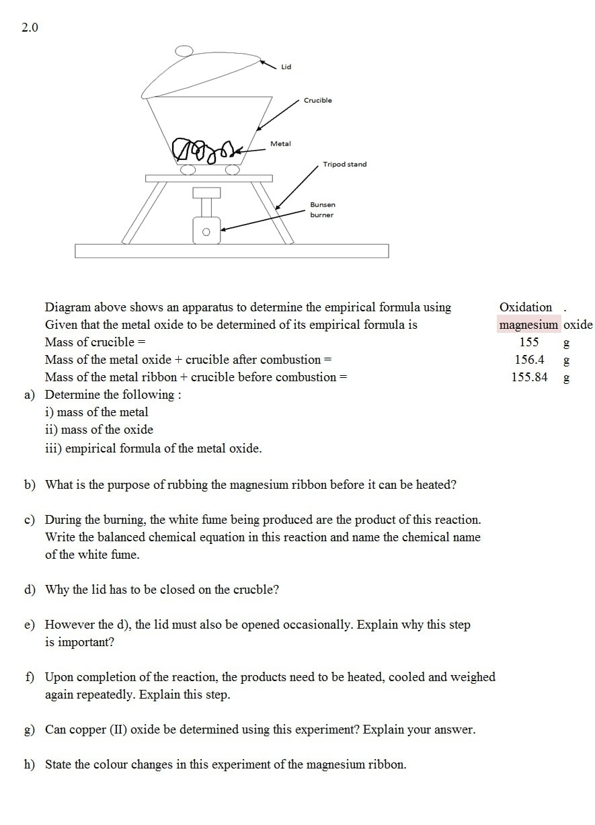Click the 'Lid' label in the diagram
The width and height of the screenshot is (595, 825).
(x=286, y=67)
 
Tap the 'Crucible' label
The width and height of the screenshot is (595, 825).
(x=317, y=100)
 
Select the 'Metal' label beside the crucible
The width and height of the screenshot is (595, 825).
(x=280, y=144)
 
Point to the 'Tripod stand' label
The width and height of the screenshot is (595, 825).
(x=344, y=164)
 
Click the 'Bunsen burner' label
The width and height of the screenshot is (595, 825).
(x=322, y=209)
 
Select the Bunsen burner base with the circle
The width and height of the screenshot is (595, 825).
(x=206, y=231)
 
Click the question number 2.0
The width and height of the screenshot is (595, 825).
(x=30, y=28)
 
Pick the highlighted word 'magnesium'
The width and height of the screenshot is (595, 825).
(x=528, y=325)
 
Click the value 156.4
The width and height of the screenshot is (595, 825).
(x=529, y=360)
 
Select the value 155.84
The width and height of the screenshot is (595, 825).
(x=529, y=377)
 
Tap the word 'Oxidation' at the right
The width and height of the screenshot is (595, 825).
(x=525, y=307)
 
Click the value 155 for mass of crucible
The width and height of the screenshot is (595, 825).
(x=529, y=342)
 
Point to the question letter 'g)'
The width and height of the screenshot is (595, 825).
(x=30, y=730)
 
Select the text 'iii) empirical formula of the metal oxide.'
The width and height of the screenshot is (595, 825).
(x=153, y=448)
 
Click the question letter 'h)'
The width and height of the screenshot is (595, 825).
(x=30, y=764)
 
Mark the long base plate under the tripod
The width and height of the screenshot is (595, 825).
(x=231, y=251)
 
